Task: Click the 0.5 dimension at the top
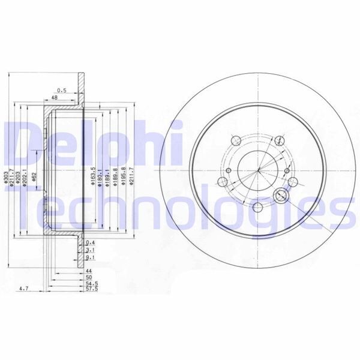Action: [62, 90]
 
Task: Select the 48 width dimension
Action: [54, 98]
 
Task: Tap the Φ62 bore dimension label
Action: [35, 176]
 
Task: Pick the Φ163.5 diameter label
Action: [92, 176]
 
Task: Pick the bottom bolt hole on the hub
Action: [257, 208]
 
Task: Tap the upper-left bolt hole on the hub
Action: [236, 140]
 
